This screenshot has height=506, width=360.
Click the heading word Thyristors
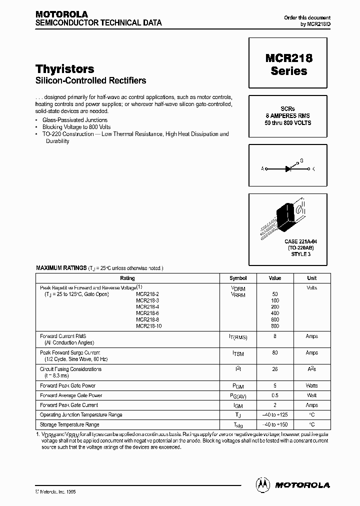pyautogui.click(x=65, y=69)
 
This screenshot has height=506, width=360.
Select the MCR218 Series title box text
pyautogui.click(x=288, y=64)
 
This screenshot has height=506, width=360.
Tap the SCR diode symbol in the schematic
pyautogui.click(x=288, y=169)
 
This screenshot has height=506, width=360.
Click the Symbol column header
pyautogui.click(x=238, y=278)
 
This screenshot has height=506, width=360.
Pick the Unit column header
pyautogui.click(x=311, y=278)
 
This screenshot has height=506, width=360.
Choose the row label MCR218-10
pyautogui.click(x=148, y=326)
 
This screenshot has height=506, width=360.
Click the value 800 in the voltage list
pyautogui.click(x=275, y=326)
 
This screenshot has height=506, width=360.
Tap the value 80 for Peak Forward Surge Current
pyautogui.click(x=275, y=353)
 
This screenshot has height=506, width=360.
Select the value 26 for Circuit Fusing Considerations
pyautogui.click(x=275, y=369)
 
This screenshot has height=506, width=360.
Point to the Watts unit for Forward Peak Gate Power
pyautogui.click(x=311, y=386)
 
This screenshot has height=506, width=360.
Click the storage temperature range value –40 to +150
pyautogui.click(x=275, y=424)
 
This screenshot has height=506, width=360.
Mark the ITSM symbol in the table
pyautogui.click(x=238, y=353)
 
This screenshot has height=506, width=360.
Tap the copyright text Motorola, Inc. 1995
pyautogui.click(x=58, y=492)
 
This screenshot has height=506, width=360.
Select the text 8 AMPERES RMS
pyautogui.click(x=288, y=115)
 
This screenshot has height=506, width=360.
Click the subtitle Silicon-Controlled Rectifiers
pyautogui.click(x=91, y=80)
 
